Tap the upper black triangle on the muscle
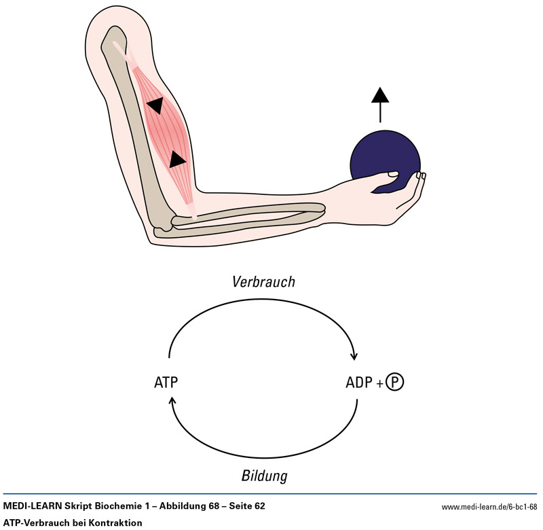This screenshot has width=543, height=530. coord(155,105)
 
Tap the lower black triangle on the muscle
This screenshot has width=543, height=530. coord(176,160)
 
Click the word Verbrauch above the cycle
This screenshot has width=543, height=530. coord(263,281)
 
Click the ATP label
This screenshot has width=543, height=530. coord(166,383)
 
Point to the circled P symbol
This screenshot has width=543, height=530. coord(394,383)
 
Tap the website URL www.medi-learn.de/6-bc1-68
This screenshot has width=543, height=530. coord(489,506)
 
